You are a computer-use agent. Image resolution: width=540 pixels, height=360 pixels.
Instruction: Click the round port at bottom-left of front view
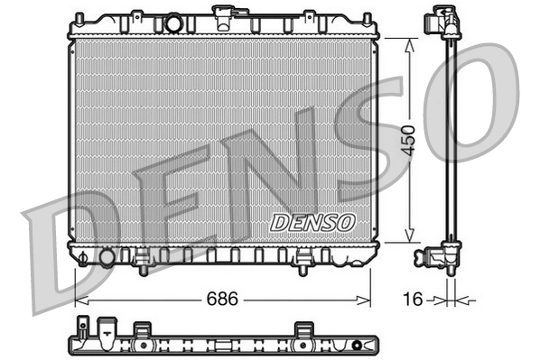click(x=107, y=257)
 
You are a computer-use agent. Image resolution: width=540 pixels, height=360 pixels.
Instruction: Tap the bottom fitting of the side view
click(x=447, y=256)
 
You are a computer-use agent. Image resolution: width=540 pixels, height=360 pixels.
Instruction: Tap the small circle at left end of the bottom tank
click(x=83, y=257)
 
